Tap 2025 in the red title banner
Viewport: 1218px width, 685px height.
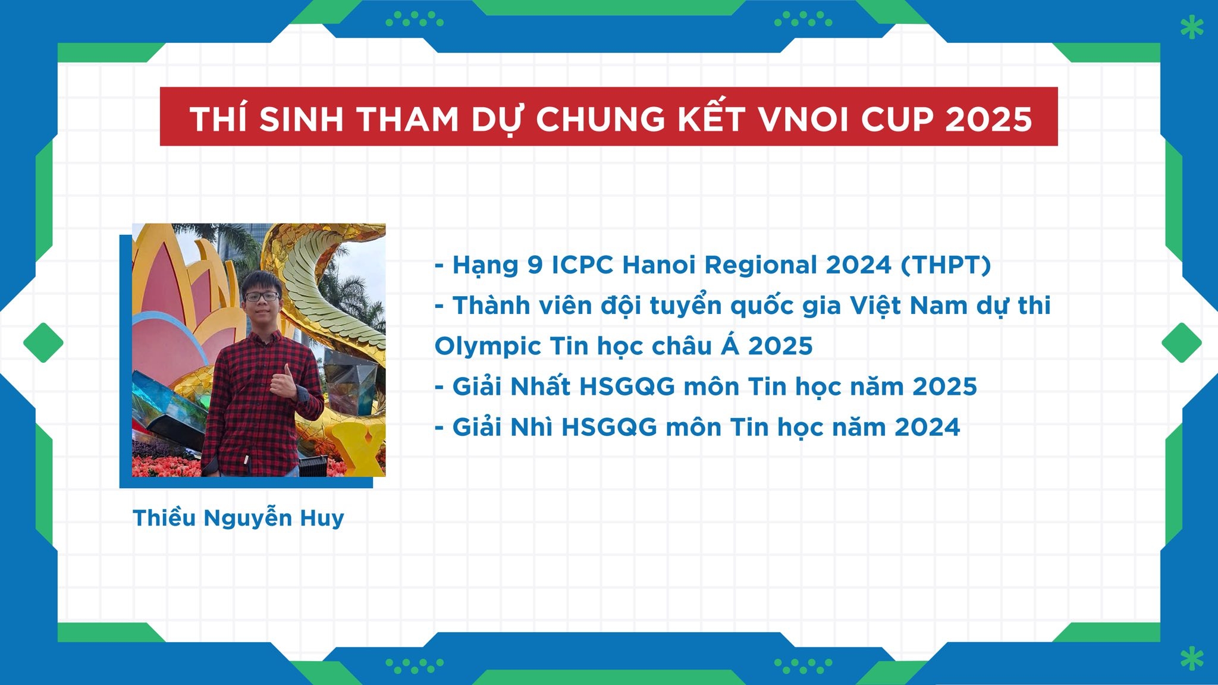click(988, 120)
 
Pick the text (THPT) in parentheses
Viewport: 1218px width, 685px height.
click(946, 265)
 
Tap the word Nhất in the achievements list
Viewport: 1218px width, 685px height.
click(541, 387)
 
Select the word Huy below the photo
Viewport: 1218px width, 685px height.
click(322, 519)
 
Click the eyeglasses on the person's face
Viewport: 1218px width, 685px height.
click(261, 296)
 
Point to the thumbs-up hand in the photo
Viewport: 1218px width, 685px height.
click(284, 382)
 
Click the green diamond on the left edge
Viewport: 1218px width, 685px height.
click(43, 342)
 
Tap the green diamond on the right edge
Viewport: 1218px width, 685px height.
click(1182, 342)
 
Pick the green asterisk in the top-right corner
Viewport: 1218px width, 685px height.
click(1192, 27)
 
